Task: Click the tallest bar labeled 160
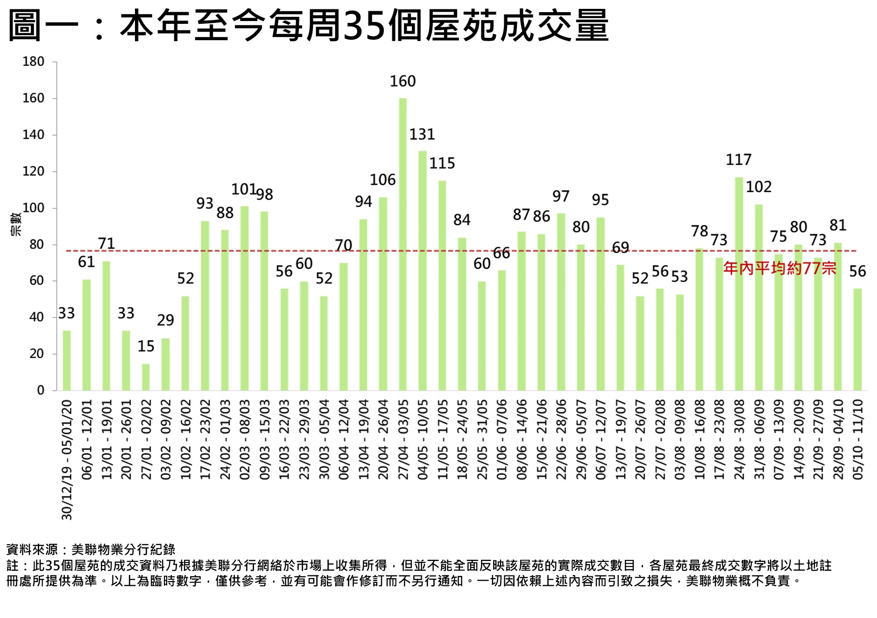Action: [x=403, y=243]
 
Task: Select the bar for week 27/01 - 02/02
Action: [x=146, y=377]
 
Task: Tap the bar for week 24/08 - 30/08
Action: [x=739, y=283]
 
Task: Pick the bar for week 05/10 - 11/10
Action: [x=857, y=339]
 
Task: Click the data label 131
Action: [x=422, y=135]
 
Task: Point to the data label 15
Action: [x=146, y=346]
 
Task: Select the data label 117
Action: [x=738, y=160]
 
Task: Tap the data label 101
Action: [x=244, y=189]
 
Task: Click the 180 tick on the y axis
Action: [x=33, y=62]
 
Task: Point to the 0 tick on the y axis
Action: [x=41, y=390]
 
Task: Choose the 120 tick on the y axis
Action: [x=33, y=172]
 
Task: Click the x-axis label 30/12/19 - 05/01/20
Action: [x=67, y=460]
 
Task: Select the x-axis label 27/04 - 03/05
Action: [x=403, y=439]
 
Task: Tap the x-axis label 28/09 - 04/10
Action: [x=838, y=439]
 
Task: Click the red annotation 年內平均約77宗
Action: [x=779, y=268]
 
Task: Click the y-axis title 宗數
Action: [x=16, y=224]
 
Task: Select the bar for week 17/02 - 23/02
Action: [x=205, y=306]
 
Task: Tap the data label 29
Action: [x=165, y=320]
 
